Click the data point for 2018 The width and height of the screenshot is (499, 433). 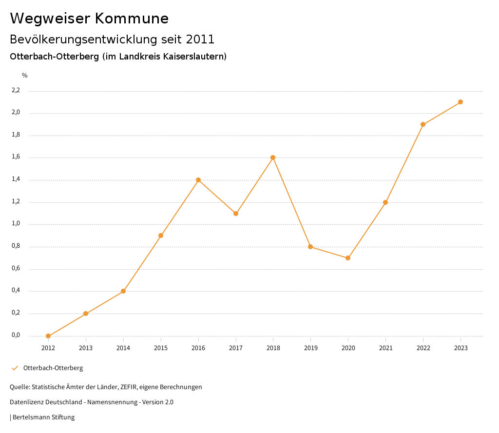[x=273, y=157]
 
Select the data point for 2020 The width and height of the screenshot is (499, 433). [x=348, y=258]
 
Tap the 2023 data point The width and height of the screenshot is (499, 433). [x=461, y=102]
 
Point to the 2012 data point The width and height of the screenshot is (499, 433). [x=48, y=336]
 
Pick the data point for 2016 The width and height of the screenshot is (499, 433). [x=198, y=180]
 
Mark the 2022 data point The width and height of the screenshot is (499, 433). [x=423, y=124]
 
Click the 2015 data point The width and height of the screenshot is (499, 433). [x=161, y=236]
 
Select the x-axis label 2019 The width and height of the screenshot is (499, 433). [x=310, y=348]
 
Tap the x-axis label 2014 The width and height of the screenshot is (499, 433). [x=123, y=348]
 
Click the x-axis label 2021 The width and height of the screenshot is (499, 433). [x=385, y=348]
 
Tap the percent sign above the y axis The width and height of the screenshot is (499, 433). [x=25, y=76]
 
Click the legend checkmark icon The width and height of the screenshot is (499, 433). [x=15, y=368]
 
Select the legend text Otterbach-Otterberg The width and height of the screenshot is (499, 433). [x=53, y=368]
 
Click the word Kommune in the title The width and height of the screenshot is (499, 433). [x=132, y=19]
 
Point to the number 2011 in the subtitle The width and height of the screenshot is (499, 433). [x=200, y=39]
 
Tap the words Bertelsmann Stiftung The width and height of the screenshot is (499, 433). [x=43, y=417]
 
